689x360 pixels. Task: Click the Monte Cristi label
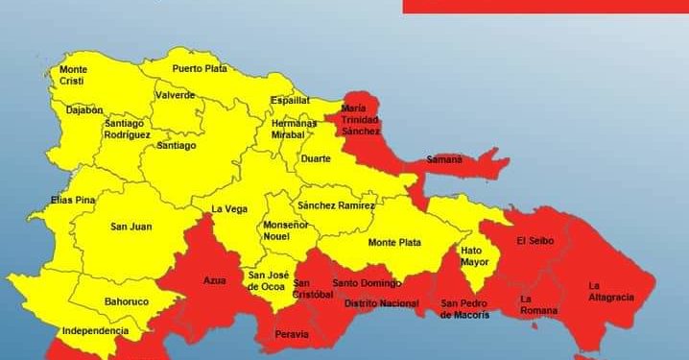73,76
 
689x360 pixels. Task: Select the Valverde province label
176,95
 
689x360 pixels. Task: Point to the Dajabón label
84,110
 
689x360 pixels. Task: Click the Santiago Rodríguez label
128,130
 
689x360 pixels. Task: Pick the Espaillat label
290,99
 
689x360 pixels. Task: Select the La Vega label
229,209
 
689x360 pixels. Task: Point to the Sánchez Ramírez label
335,205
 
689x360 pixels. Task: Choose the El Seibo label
535,240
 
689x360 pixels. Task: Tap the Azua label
214,281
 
